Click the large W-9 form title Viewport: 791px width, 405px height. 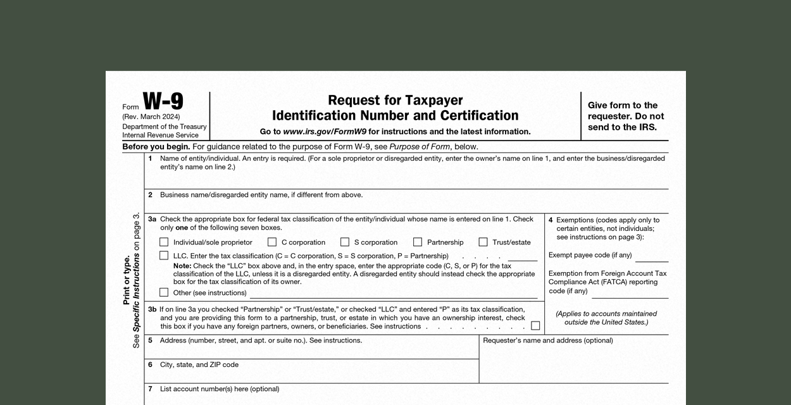click(163, 102)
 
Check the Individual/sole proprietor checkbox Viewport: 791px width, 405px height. click(165, 242)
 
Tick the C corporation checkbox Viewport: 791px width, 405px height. click(272, 242)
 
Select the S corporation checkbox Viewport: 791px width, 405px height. click(345, 242)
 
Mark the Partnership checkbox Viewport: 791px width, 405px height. click(418, 242)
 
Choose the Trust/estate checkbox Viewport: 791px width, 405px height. click(483, 242)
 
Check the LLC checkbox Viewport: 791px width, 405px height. click(165, 256)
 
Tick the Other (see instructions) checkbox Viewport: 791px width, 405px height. click(165, 292)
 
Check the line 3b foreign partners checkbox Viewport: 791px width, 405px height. click(535, 326)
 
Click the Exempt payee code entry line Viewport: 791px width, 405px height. click(652, 257)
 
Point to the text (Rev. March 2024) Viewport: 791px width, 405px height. click(151, 117)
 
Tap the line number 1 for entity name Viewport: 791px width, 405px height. click(150, 158)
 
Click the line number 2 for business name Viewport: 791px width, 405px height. click(150, 195)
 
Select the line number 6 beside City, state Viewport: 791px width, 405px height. click(150, 364)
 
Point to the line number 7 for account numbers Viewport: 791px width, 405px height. click(150, 389)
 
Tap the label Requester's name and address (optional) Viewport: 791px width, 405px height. click(547, 340)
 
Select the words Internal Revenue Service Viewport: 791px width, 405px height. click(160, 135)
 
